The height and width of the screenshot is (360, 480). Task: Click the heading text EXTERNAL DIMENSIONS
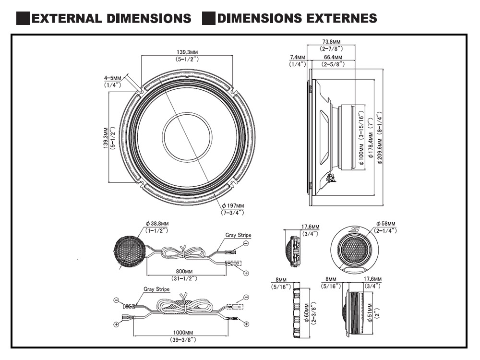[x=110, y=19]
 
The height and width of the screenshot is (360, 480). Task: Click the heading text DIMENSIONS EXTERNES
[x=297, y=19]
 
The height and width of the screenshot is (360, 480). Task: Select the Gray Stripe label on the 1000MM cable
[x=156, y=290]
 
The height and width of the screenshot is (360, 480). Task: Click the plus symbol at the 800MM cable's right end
[x=246, y=273]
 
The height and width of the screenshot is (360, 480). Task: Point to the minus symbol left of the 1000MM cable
[x=116, y=300]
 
